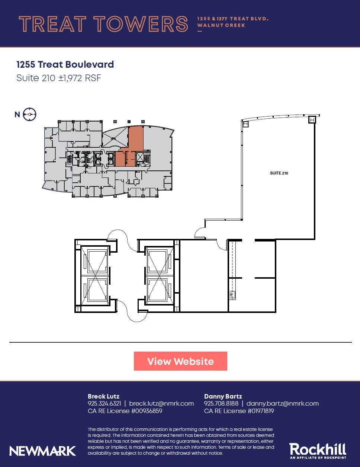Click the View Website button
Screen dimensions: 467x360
pyautogui.click(x=180, y=361)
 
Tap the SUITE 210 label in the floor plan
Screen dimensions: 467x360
pyautogui.click(x=279, y=173)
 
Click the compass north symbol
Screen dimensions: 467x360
pyautogui.click(x=30, y=115)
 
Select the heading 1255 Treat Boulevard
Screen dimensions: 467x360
pyautogui.click(x=65, y=64)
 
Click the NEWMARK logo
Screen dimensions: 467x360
pyautogui.click(x=43, y=451)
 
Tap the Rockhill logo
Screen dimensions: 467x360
pyautogui.click(x=318, y=450)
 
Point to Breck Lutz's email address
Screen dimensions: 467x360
pyautogui.click(x=161, y=403)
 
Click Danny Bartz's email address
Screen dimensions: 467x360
pyautogui.click(x=282, y=403)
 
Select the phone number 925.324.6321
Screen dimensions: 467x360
pyautogui.click(x=105, y=403)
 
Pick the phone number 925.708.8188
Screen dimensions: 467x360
pyautogui.click(x=221, y=403)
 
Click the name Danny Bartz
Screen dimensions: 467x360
pyautogui.click(x=223, y=396)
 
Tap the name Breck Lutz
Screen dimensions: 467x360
pyautogui.click(x=103, y=396)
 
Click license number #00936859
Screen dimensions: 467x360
pyautogui.click(x=145, y=411)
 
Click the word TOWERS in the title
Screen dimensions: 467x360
pyautogui.click(x=141, y=24)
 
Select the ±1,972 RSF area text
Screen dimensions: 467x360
pyautogui.click(x=80, y=78)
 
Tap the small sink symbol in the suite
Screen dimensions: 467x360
pyautogui.click(x=233, y=295)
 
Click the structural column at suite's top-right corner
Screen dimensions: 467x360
pyautogui.click(x=312, y=119)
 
